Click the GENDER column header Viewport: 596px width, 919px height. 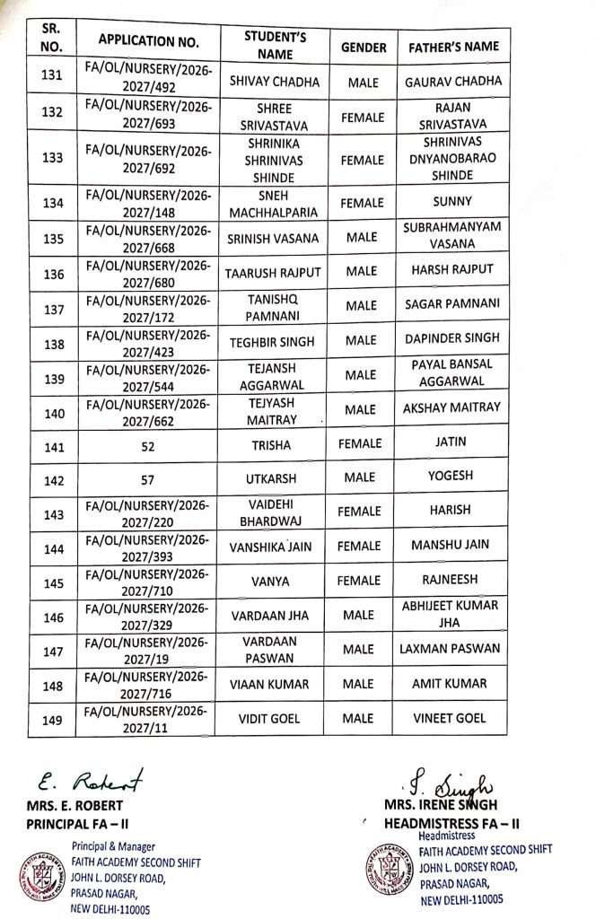364,46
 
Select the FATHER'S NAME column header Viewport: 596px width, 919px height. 453,46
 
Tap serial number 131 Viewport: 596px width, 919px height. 52,76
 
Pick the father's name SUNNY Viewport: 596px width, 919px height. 453,202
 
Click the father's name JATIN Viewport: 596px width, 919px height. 451,442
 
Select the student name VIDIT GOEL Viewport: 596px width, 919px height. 275,720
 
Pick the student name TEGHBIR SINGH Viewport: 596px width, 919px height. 275,339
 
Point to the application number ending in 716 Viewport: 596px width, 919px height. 146,685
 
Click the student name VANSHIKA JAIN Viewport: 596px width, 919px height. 275,546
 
